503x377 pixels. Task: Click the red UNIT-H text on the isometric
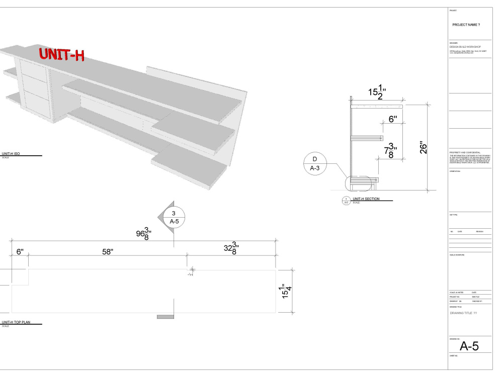pyautogui.click(x=61, y=54)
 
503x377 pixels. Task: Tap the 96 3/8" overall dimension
pyautogui.click(x=145, y=234)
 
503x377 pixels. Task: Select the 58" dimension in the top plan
pyautogui.click(x=107, y=252)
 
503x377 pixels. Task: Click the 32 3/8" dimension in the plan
pyautogui.click(x=231, y=249)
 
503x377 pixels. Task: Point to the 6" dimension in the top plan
pyautogui.click(x=20, y=252)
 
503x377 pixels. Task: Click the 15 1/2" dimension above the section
pyautogui.click(x=377, y=92)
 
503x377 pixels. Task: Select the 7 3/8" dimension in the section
pyautogui.click(x=391, y=150)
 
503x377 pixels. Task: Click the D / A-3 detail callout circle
pyautogui.click(x=315, y=163)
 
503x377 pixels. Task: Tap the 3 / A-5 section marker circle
pyautogui.click(x=174, y=217)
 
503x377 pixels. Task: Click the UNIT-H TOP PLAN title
pyautogui.click(x=16, y=322)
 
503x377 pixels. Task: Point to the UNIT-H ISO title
pyautogui.click(x=11, y=154)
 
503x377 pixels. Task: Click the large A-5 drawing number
pyautogui.click(x=469, y=346)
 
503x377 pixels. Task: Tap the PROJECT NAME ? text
pyautogui.click(x=466, y=25)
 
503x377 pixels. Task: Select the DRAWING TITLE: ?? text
pyautogui.click(x=463, y=313)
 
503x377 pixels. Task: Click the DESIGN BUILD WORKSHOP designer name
pyautogui.click(x=465, y=47)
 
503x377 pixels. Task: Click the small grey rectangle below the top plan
pyautogui.click(x=165, y=317)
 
